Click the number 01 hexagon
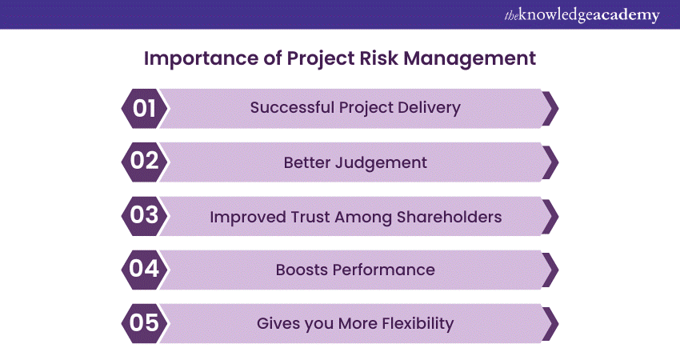[x=144, y=109]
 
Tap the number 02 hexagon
[x=144, y=162]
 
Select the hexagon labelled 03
[x=144, y=216]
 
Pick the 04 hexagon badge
[x=144, y=270]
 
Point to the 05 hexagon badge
[x=144, y=323]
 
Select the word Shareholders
[x=449, y=217]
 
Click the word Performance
[x=383, y=270]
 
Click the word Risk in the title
[x=379, y=58]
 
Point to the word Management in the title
[x=470, y=59]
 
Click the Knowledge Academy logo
[x=582, y=15]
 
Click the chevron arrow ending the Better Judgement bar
[x=550, y=162]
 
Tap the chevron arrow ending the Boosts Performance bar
[x=550, y=270]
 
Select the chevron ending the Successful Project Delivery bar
[x=550, y=109]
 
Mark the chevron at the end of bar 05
[x=550, y=323]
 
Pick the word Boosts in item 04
[x=302, y=270]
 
